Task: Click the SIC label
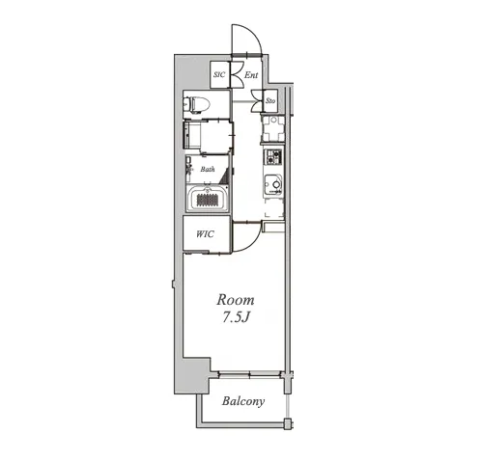click(x=219, y=74)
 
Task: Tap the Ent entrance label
click(x=251, y=75)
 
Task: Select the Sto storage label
click(x=270, y=100)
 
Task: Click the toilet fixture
click(x=196, y=104)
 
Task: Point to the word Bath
click(x=208, y=169)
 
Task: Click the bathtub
click(x=208, y=199)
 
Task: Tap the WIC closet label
click(x=205, y=233)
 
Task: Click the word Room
click(x=236, y=300)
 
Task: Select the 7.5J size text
click(x=236, y=317)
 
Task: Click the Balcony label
click(x=243, y=401)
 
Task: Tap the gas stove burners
click(x=273, y=156)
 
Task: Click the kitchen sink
click(x=273, y=184)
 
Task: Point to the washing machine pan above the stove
click(x=273, y=128)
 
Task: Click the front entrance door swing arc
click(x=254, y=33)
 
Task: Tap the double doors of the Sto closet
click(x=258, y=100)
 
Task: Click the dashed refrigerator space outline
click(x=274, y=208)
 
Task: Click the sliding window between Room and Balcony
click(x=249, y=374)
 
